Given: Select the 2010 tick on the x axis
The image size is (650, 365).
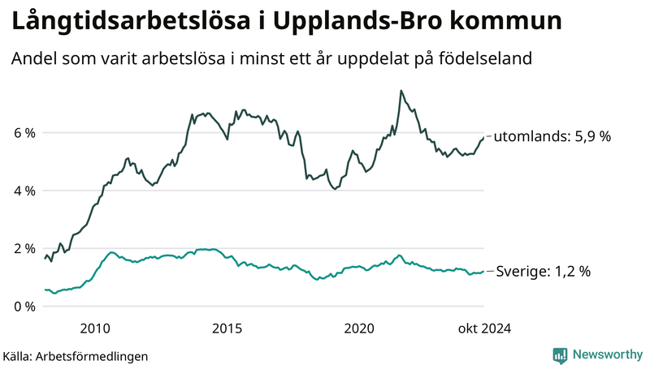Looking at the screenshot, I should coord(95,328).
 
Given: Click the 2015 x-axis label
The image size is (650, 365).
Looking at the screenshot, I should coord(227,328).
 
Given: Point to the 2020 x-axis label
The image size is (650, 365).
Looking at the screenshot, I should coord(359,328).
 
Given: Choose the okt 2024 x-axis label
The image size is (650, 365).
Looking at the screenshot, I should coord(484,328).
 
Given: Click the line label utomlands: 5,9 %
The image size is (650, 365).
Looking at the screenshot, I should coord(552,137).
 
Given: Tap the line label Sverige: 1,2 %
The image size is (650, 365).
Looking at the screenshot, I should coord(543,272).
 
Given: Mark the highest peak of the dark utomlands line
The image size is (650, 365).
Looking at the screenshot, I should coord(401,91).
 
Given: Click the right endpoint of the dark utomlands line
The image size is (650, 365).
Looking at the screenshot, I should coord(483,137).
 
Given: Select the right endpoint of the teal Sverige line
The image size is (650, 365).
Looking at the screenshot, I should coord(483,272).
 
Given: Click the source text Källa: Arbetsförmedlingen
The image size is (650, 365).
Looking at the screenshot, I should coord(76,355).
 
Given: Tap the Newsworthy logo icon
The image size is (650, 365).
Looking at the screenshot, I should coord(560,354).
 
